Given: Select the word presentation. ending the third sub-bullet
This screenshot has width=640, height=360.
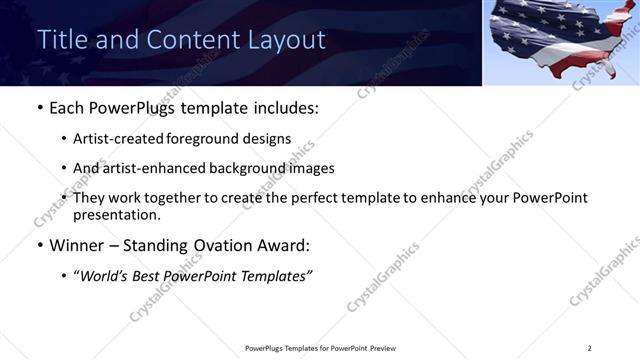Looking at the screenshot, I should tap(116, 214).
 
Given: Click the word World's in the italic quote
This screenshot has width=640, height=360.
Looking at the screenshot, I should tap(107, 275).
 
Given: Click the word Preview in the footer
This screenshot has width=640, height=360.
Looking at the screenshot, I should tap(381, 348).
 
